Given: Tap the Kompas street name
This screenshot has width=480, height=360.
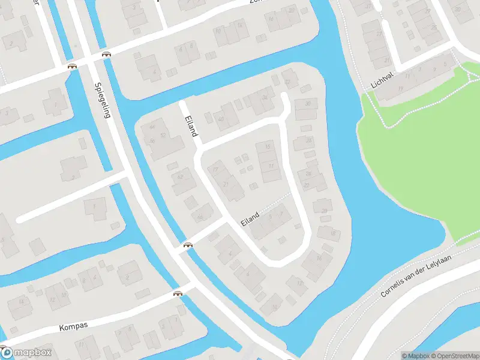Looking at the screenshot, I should tap(74, 326).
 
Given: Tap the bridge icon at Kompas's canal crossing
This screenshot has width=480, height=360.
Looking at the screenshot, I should tap(178, 294).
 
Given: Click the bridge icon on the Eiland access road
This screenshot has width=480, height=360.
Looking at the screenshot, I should tap(188, 244).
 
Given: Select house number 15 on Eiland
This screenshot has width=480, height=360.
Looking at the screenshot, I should tap(268, 147).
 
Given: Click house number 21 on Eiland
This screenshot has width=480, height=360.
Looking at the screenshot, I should tap(226, 184).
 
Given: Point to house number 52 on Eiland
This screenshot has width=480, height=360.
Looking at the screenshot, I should tap(163, 136).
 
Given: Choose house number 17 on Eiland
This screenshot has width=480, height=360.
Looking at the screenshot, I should tap(215, 170).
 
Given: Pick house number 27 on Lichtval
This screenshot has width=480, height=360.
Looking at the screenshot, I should tap(379, 34).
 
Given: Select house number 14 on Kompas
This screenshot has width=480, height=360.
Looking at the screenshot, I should tap(22, 301).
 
